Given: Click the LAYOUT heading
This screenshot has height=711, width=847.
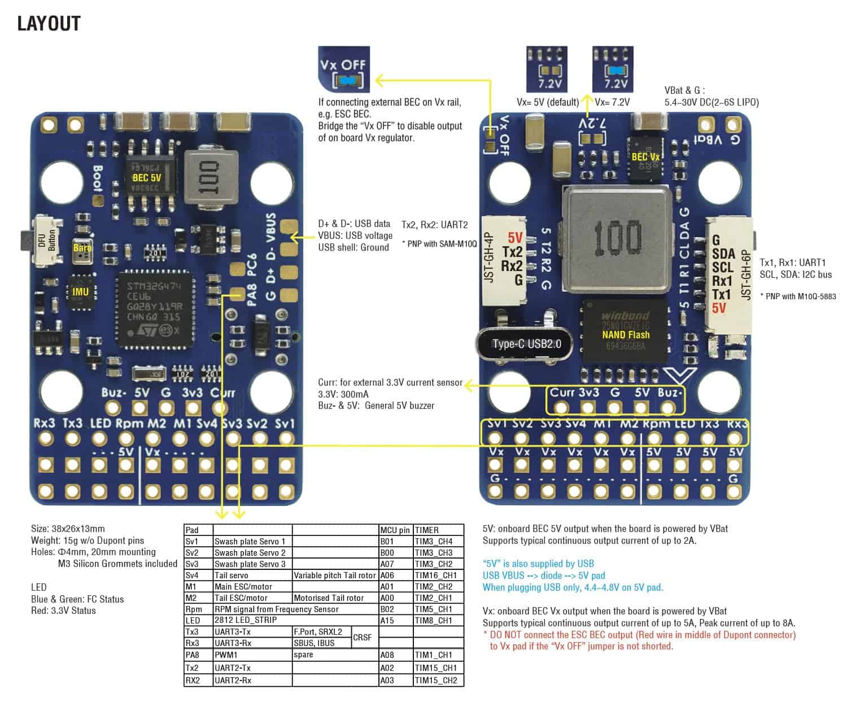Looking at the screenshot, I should tap(49, 23).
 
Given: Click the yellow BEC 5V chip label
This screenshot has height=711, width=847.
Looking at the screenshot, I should tap(147, 177).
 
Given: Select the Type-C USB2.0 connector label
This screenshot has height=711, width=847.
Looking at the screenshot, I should tap(526, 343).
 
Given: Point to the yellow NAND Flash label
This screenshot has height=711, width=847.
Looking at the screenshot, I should tap(626, 334).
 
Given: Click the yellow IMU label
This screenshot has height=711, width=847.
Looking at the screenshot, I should tap(81, 291).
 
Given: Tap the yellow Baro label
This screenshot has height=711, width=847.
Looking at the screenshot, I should tap(82, 248).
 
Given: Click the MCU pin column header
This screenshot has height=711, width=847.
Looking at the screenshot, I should tap(395, 530).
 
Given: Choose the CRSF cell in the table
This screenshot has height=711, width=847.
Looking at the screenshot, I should tap(363, 638).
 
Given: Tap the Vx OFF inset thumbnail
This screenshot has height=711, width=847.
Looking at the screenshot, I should tap(344, 69).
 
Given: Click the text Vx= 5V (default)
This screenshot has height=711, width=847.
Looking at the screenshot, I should tap(548, 102).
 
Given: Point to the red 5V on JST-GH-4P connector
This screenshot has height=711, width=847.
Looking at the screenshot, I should tap(514, 238).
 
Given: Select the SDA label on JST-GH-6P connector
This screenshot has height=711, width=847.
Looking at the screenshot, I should tap(723, 254).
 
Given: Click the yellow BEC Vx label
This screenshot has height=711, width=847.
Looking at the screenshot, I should tap(645, 156).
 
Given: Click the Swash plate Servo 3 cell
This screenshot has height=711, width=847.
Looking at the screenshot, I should tap(250, 564).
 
